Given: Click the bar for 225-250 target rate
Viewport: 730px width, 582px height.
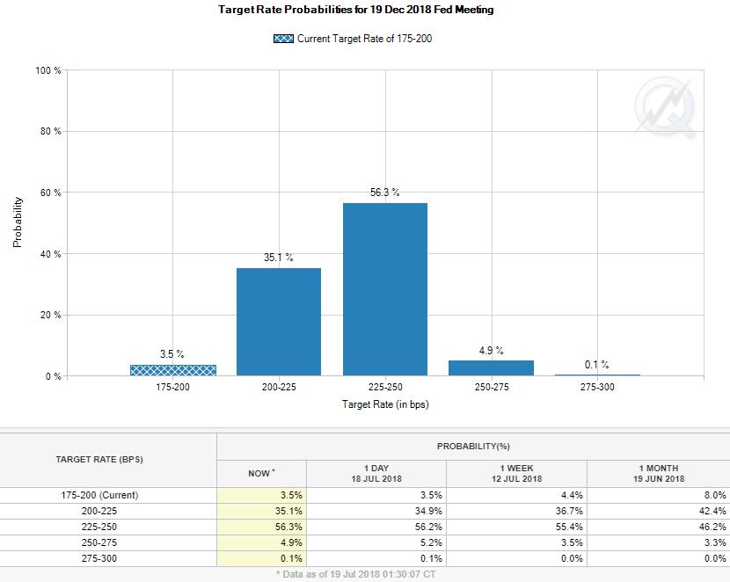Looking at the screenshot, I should tap(385, 289).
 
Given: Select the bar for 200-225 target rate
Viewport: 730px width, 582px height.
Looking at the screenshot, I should tap(279, 322).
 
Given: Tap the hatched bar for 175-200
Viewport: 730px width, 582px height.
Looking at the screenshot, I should tap(173, 370).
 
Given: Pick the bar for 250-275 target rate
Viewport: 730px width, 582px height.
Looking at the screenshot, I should tap(491, 368).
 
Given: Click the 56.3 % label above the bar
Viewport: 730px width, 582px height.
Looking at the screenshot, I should tap(384, 193).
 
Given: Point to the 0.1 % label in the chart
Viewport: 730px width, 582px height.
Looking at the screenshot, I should tap(596, 364).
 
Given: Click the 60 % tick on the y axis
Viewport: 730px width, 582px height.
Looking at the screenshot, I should tap(50, 193).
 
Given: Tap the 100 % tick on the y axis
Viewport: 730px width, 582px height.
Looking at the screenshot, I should tap(47, 70).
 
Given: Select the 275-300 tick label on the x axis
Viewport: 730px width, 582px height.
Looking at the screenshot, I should tap(597, 388).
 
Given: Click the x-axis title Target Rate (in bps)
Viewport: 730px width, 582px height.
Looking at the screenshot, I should tap(385, 404).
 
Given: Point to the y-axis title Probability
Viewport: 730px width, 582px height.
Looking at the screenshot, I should tap(17, 222).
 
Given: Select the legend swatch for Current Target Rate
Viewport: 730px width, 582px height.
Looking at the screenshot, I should tap(284, 39).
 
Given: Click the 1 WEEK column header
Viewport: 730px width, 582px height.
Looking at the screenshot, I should tap(516, 473).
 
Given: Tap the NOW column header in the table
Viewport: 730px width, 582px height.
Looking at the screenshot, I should tap(261, 473).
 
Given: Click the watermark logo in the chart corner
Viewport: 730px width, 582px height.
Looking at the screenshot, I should tap(665, 108).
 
